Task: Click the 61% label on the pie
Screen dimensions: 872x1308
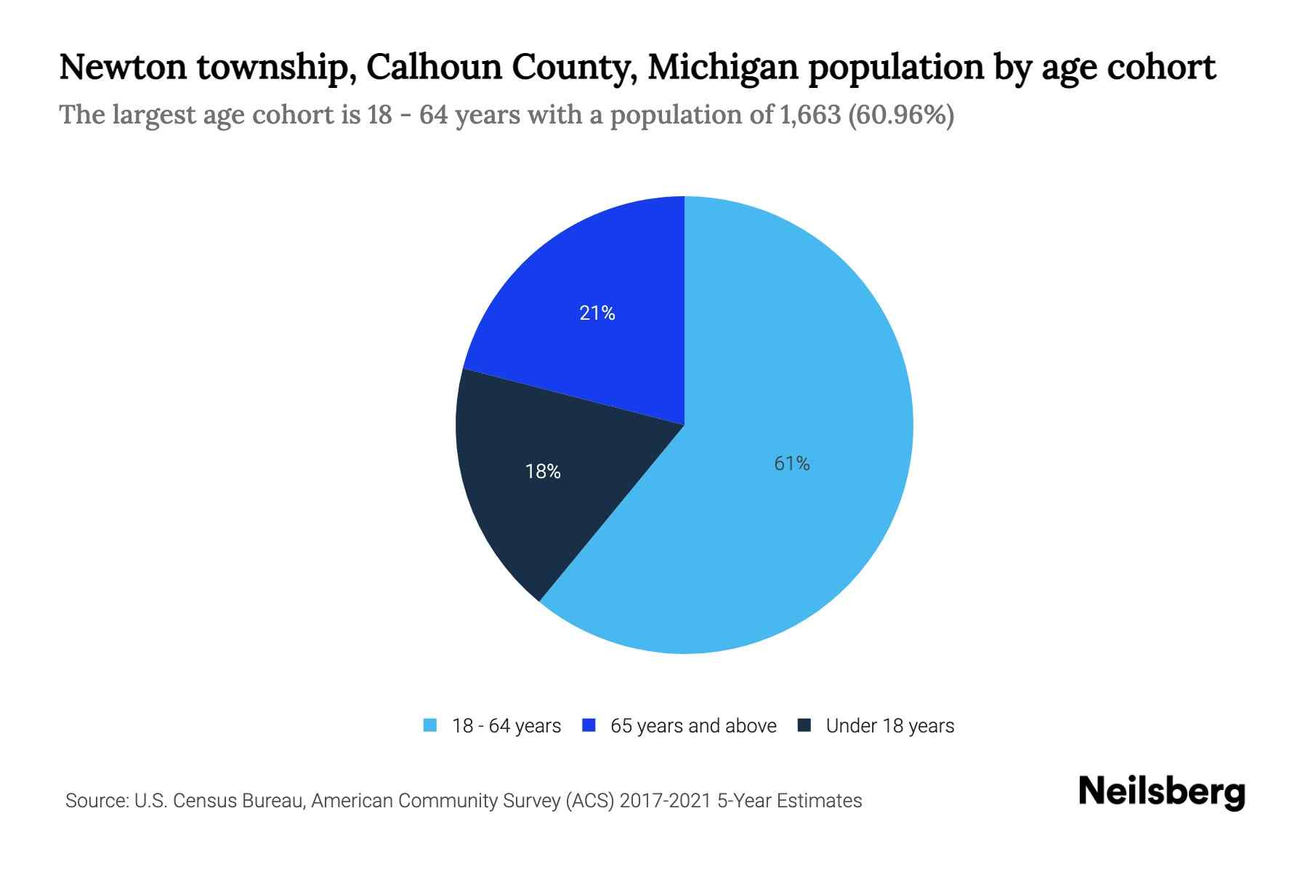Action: (791, 464)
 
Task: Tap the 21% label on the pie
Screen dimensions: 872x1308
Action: (597, 313)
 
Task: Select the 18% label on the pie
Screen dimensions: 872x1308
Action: (543, 472)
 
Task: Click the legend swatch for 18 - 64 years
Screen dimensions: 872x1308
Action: (430, 725)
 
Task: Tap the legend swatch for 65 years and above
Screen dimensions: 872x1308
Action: (589, 725)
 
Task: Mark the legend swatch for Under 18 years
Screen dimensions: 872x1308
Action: (804, 725)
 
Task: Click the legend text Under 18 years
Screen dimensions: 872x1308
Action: (889, 726)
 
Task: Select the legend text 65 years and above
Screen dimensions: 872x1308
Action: (693, 726)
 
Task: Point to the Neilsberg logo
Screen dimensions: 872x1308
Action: (1161, 792)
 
